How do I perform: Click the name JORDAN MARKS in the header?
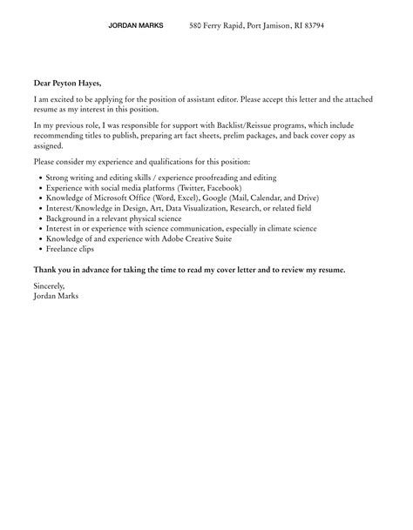[x=135, y=26]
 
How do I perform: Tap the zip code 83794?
[x=310, y=26]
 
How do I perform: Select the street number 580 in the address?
[x=196, y=26]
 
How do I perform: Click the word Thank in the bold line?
[x=47, y=270]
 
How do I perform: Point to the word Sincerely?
[x=49, y=286]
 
